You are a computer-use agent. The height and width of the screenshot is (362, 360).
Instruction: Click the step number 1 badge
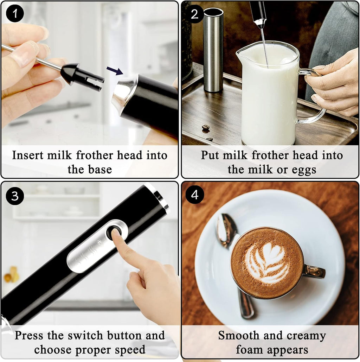click(x=15, y=14)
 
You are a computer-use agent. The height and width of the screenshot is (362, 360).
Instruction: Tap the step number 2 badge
click(x=195, y=14)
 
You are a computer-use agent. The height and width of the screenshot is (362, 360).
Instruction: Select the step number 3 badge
click(x=15, y=196)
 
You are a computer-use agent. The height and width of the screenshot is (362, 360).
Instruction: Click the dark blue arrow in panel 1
click(x=115, y=70)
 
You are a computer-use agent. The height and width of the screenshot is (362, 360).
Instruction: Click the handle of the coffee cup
click(x=314, y=271)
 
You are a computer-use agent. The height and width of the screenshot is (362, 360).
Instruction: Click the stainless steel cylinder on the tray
click(x=213, y=49)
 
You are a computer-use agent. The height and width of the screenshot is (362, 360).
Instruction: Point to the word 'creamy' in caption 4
click(x=306, y=336)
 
